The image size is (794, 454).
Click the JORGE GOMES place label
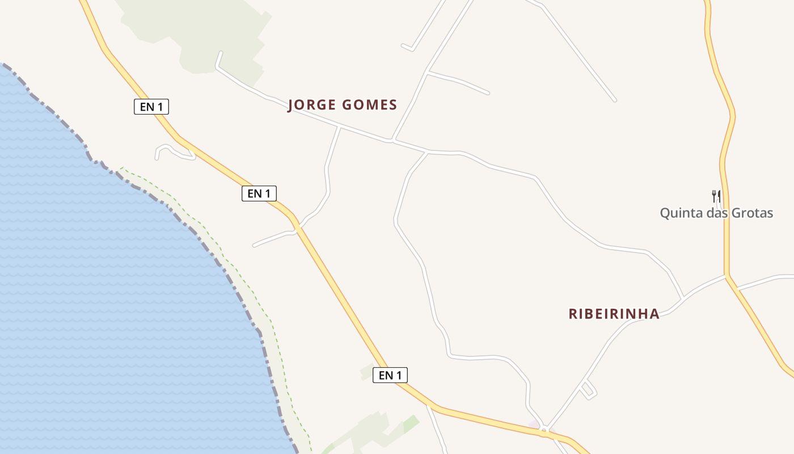coord(342,105)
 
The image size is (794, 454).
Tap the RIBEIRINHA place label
coord(614,314)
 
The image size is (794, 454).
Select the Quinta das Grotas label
coord(716,213)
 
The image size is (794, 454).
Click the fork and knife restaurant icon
coord(716,196)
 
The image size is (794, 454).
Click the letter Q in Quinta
coord(665,213)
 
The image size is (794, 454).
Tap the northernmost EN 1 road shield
coord(151,106)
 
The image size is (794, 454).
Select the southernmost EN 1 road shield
coord(390,375)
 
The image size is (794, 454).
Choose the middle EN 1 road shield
coord(259,194)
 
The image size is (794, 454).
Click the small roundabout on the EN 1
coord(544,430)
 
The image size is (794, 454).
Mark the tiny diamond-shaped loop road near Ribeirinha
coord(588,390)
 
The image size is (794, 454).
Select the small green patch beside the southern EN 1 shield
coord(368,372)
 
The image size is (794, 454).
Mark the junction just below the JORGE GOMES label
coord(339,127)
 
